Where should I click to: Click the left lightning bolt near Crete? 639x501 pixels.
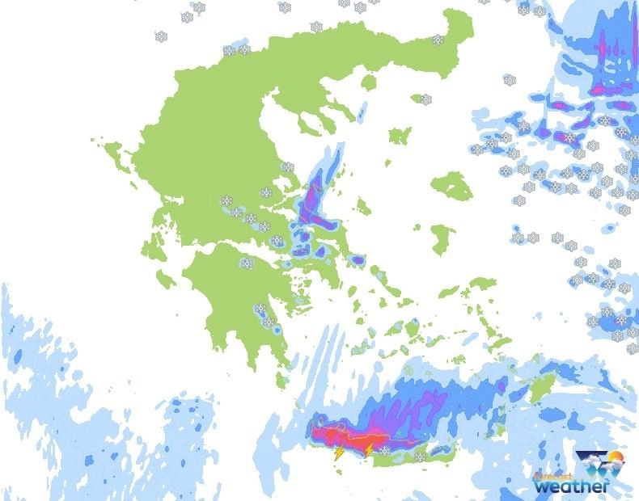pos(339,454)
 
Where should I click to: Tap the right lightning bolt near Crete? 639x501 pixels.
pos(368,448)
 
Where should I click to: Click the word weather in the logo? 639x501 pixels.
pos(570,486)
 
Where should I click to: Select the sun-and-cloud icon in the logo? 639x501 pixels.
pos(603,467)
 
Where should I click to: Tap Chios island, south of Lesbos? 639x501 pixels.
pos(442,238)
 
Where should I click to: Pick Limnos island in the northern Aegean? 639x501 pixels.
pos(400,135)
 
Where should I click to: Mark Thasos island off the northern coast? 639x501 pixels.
pos(369,82)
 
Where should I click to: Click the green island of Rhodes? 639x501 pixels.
pos(540,388)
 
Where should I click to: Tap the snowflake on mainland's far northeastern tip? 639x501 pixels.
pos(438,39)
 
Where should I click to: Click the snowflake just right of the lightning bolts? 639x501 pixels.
pos(385,450)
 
